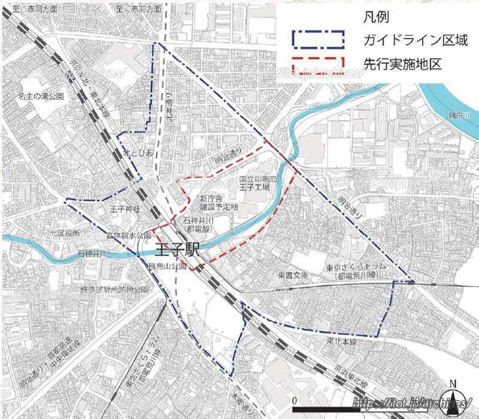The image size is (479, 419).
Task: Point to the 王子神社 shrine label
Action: coord(125,209)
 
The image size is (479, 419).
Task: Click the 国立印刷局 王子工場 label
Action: coord(257,183)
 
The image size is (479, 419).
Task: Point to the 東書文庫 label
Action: coord(292,276)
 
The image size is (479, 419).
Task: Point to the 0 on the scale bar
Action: coord(295,399)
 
